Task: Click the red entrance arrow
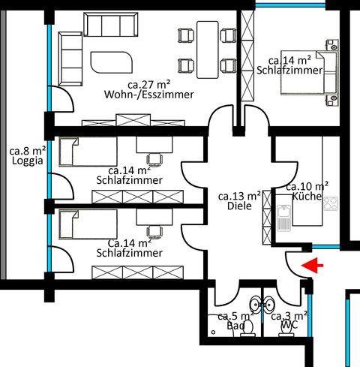point(309,264)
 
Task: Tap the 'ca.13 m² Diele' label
point(239,200)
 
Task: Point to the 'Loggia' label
point(24,160)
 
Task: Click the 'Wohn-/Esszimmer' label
point(150,95)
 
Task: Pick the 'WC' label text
point(289,327)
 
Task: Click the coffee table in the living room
point(110,59)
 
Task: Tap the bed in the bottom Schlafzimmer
point(86,223)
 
